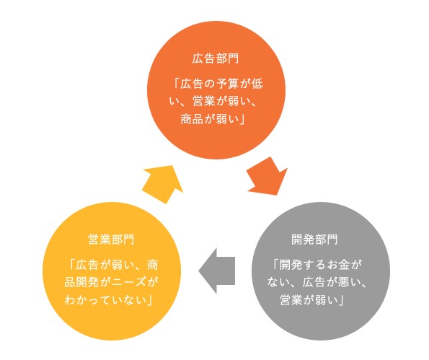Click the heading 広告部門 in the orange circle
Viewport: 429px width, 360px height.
pyautogui.click(x=216, y=58)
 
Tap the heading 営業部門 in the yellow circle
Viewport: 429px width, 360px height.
pyautogui.click(x=111, y=240)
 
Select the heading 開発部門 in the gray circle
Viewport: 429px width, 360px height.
pyautogui.click(x=314, y=240)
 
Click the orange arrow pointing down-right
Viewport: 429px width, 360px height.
pyautogui.click(x=267, y=176)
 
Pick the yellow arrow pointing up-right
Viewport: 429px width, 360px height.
pyautogui.click(x=163, y=184)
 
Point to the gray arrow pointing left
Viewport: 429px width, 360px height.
pyautogui.click(x=217, y=271)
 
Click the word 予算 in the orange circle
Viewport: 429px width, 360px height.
pyautogui.click(x=228, y=84)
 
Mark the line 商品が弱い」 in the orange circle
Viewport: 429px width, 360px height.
pyautogui.click(x=213, y=119)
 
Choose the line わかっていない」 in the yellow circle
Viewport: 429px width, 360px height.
pyautogui.click(x=108, y=300)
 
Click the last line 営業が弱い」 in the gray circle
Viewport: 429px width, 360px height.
pyautogui.click(x=312, y=300)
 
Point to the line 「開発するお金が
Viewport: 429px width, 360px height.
pyautogui.click(x=317, y=265)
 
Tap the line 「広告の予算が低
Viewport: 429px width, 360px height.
pyautogui.click(x=218, y=84)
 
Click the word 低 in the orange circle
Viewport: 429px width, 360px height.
pyautogui.click(x=257, y=84)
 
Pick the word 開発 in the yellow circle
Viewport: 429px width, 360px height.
pyautogui.click(x=87, y=282)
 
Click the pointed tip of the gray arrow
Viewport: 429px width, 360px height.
pyautogui.click(x=198, y=271)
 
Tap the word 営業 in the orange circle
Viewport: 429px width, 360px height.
pyautogui.click(x=204, y=101)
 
